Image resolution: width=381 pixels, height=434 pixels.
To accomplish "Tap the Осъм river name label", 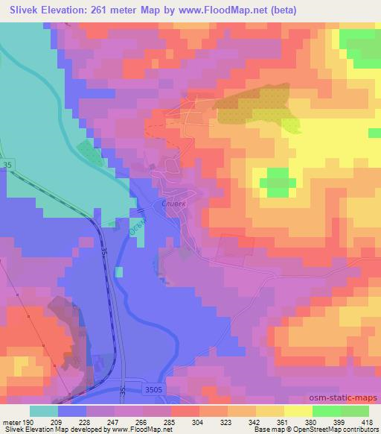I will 136,225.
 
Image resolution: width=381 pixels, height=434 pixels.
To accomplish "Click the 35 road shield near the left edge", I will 7,162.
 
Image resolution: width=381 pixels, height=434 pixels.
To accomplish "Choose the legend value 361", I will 281,421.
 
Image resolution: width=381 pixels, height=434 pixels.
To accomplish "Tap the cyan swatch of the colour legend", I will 43,411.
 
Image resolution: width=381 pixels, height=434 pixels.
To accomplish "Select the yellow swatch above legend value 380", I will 299,411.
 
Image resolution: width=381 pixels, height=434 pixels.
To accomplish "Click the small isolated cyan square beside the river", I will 119,271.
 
